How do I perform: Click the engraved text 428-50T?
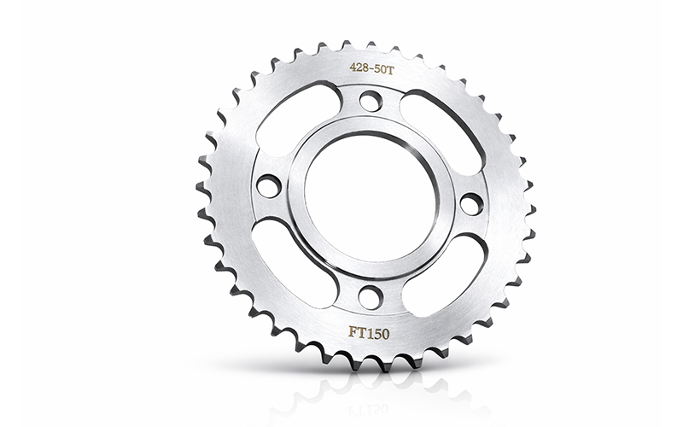(371, 69)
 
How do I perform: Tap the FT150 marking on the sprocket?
(369, 333)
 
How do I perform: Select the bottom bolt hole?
(370, 295)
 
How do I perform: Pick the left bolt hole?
(269, 185)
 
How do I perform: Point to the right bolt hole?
(472, 203)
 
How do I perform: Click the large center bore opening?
(370, 197)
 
